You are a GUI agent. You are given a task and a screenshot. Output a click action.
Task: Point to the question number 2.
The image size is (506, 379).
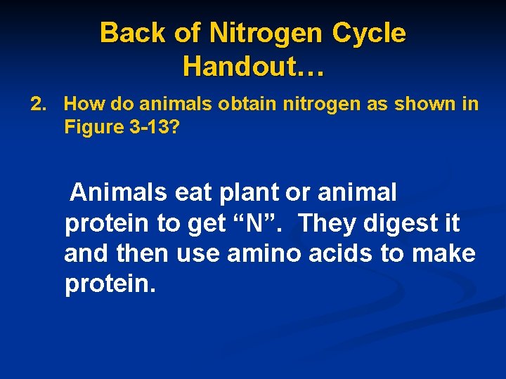[x=37, y=105]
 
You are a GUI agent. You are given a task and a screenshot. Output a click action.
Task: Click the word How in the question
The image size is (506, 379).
[x=83, y=105]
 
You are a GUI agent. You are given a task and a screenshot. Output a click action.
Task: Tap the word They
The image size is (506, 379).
[x=332, y=224]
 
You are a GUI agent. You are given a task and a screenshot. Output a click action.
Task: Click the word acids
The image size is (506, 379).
[x=338, y=253]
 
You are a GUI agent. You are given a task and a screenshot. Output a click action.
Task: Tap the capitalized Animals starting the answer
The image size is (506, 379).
[x=119, y=192]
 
